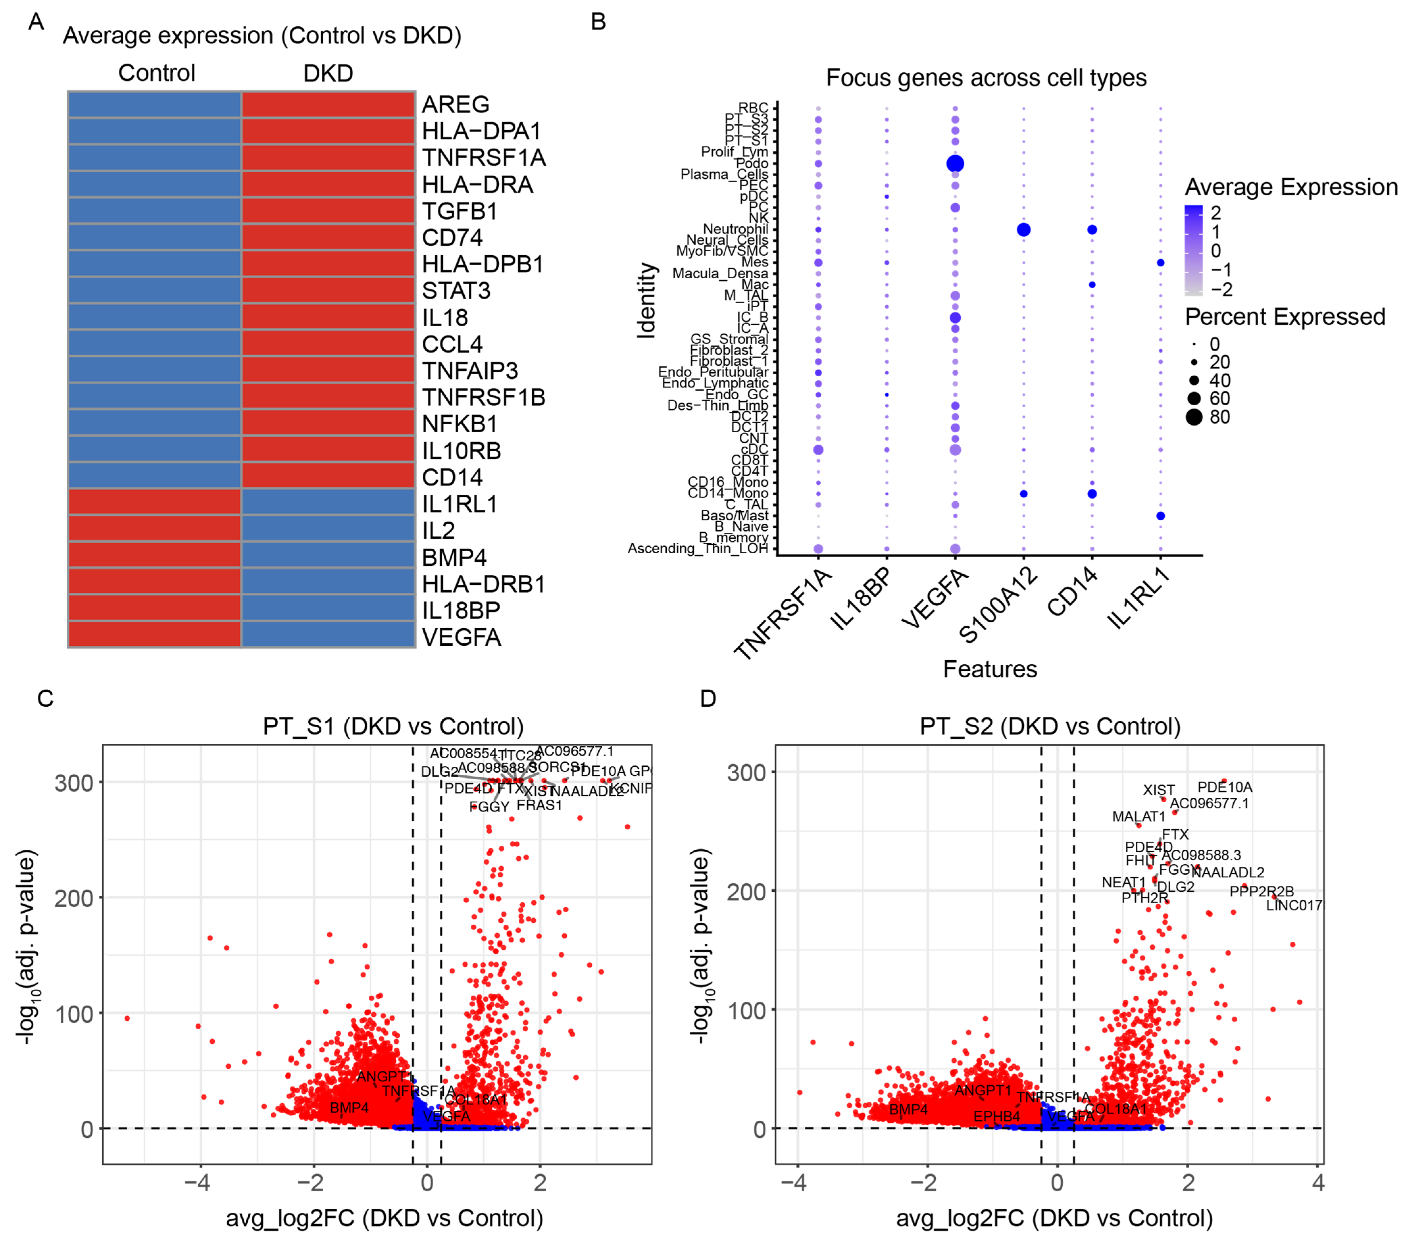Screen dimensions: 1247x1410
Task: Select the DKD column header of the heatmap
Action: (328, 73)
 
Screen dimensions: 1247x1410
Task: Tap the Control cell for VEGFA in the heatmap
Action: (155, 635)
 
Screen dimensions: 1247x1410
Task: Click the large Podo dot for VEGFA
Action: (955, 163)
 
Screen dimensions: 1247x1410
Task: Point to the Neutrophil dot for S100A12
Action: (1023, 230)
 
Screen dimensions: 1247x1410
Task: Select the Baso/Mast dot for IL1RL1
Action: (1160, 516)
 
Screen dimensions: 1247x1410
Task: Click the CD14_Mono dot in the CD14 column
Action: (1091, 494)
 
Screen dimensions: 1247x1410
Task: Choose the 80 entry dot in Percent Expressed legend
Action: (1194, 416)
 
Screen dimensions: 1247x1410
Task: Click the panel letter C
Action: (45, 699)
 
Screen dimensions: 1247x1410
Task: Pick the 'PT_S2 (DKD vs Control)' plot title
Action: (1050, 726)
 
